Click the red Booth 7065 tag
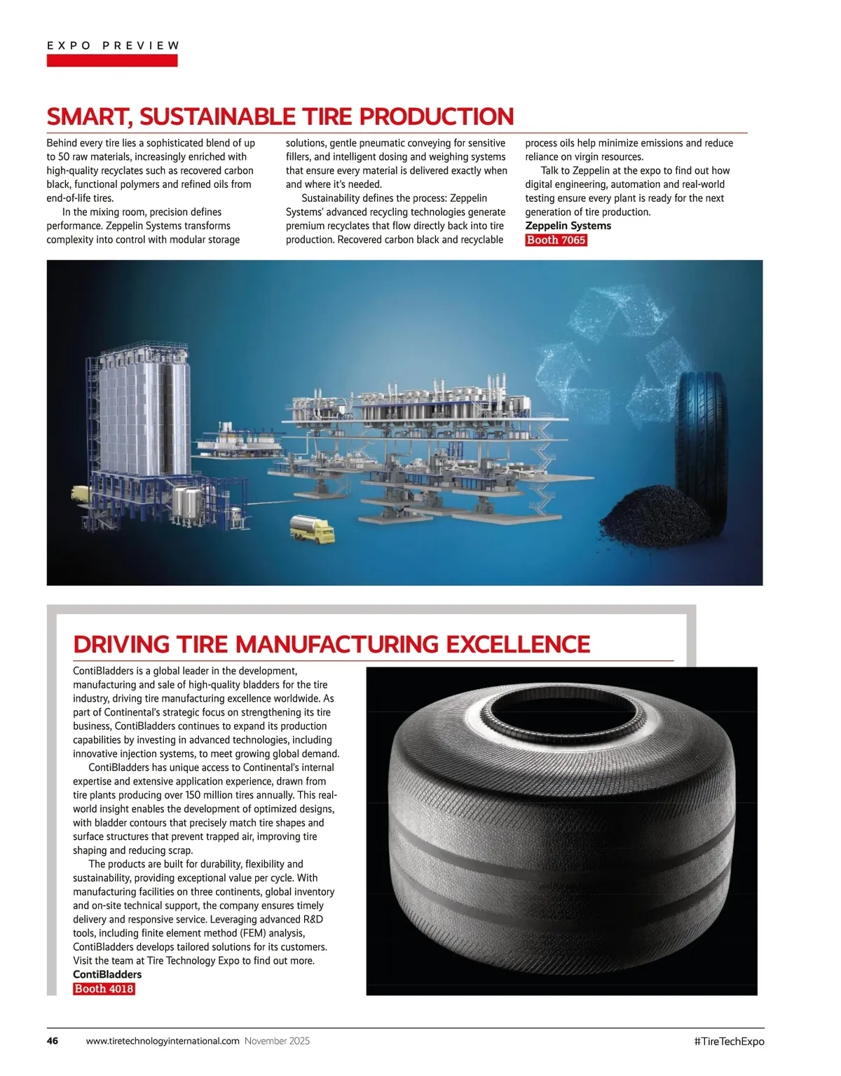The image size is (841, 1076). coord(556,240)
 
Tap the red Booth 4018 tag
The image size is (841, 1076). coord(104,988)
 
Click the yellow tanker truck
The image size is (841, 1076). coord(312,529)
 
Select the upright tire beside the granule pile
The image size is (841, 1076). coord(701,449)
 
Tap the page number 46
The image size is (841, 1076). coord(53,1041)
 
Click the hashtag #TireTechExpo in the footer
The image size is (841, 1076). coord(729,1041)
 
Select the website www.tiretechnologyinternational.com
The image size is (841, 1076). coord(163,1041)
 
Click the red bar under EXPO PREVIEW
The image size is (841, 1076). coord(112,61)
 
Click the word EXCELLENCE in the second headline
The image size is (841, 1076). coord(518,644)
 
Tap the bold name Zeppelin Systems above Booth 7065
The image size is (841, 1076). coord(568,226)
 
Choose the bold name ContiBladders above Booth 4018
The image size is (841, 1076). coord(107,974)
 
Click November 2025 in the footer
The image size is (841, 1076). coord(277,1041)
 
